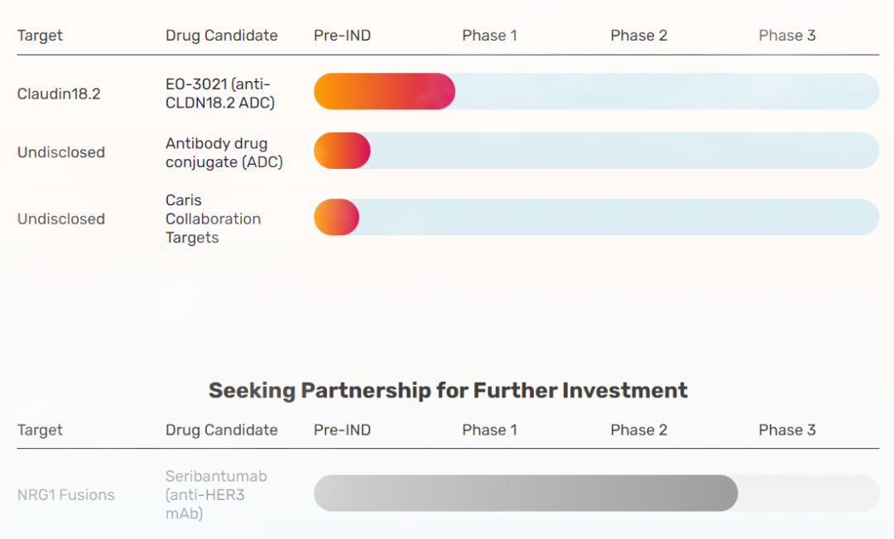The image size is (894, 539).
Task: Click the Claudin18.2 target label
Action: click(x=59, y=94)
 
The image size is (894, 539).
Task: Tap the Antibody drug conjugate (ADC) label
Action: click(x=223, y=153)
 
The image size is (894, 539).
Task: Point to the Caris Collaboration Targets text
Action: click(x=213, y=219)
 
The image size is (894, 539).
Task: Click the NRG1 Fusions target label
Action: click(x=65, y=495)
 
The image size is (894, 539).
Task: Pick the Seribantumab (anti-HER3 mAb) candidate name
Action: click(x=216, y=495)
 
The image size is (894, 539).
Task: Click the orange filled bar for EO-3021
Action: click(x=384, y=91)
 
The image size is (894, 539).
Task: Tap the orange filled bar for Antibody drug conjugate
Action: click(x=341, y=151)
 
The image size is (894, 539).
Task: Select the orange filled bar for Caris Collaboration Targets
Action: click(x=336, y=217)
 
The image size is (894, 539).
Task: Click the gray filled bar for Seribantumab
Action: click(x=525, y=493)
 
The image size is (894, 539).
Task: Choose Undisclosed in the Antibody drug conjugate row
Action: click(x=61, y=152)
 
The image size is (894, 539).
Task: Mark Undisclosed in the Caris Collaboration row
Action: click(x=61, y=219)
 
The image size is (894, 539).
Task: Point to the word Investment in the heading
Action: click(x=624, y=390)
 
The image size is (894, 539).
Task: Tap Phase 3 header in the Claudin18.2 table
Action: click(x=786, y=36)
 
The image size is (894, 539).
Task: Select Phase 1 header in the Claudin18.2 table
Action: click(x=489, y=36)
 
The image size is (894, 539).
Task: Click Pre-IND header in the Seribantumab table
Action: click(x=342, y=430)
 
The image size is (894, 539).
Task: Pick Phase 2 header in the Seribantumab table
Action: click(x=638, y=430)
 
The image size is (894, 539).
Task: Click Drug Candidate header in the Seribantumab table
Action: click(x=221, y=430)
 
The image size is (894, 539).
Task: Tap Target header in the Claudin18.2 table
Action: click(x=40, y=36)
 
